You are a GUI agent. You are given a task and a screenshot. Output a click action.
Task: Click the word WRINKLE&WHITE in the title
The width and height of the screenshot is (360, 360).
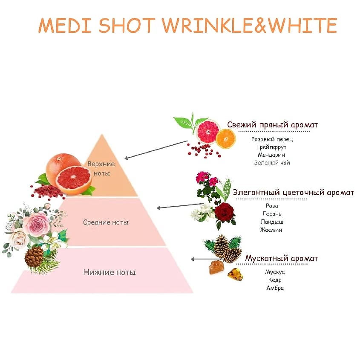pyautogui.click(x=250, y=25)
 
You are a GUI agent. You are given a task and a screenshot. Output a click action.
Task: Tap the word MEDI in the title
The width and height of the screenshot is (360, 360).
pyautogui.click(x=65, y=25)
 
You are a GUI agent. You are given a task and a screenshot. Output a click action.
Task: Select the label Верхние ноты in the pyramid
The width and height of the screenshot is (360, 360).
pyautogui.click(x=101, y=169)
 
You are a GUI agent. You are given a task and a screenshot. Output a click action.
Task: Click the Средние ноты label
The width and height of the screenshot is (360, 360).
pyautogui.click(x=106, y=222)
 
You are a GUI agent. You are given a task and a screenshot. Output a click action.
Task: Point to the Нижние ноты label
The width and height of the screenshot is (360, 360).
pyautogui.click(x=109, y=272)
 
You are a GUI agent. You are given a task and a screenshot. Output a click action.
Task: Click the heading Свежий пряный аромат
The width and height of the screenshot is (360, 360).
pyautogui.click(x=273, y=125)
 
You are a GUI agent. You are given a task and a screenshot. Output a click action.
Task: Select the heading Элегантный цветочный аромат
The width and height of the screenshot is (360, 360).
pyautogui.click(x=294, y=193)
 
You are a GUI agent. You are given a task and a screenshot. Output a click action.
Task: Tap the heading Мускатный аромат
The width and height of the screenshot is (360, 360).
pyautogui.click(x=282, y=258)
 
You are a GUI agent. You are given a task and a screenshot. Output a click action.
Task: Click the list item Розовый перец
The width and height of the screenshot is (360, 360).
pyautogui.click(x=272, y=139)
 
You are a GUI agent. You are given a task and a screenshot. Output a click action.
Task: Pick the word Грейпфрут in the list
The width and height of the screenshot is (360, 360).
pyautogui.click(x=271, y=147)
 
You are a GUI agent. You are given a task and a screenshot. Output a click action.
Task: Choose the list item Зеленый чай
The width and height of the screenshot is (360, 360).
pyautogui.click(x=272, y=163)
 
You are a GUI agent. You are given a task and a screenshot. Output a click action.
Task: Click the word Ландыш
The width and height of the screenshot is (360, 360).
pyautogui.click(x=272, y=222)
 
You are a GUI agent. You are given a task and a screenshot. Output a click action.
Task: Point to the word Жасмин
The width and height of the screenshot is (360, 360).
pyautogui.click(x=271, y=230)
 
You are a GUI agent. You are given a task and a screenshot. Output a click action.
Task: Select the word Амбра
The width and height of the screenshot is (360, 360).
pyautogui.click(x=275, y=288)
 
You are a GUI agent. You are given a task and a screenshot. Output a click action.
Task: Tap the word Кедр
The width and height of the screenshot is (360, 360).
pyautogui.click(x=275, y=280)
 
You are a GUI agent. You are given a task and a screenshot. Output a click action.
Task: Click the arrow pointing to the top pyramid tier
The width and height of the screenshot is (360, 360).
pyautogui.click(x=156, y=150)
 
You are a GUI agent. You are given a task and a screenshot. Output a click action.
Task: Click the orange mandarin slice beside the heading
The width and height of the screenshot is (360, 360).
pyautogui.click(x=226, y=138)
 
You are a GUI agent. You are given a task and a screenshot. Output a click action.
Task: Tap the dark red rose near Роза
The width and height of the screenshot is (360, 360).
pyautogui.click(x=225, y=212)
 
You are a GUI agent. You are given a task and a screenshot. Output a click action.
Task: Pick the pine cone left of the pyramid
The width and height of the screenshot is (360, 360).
pyautogui.click(x=34, y=257)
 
